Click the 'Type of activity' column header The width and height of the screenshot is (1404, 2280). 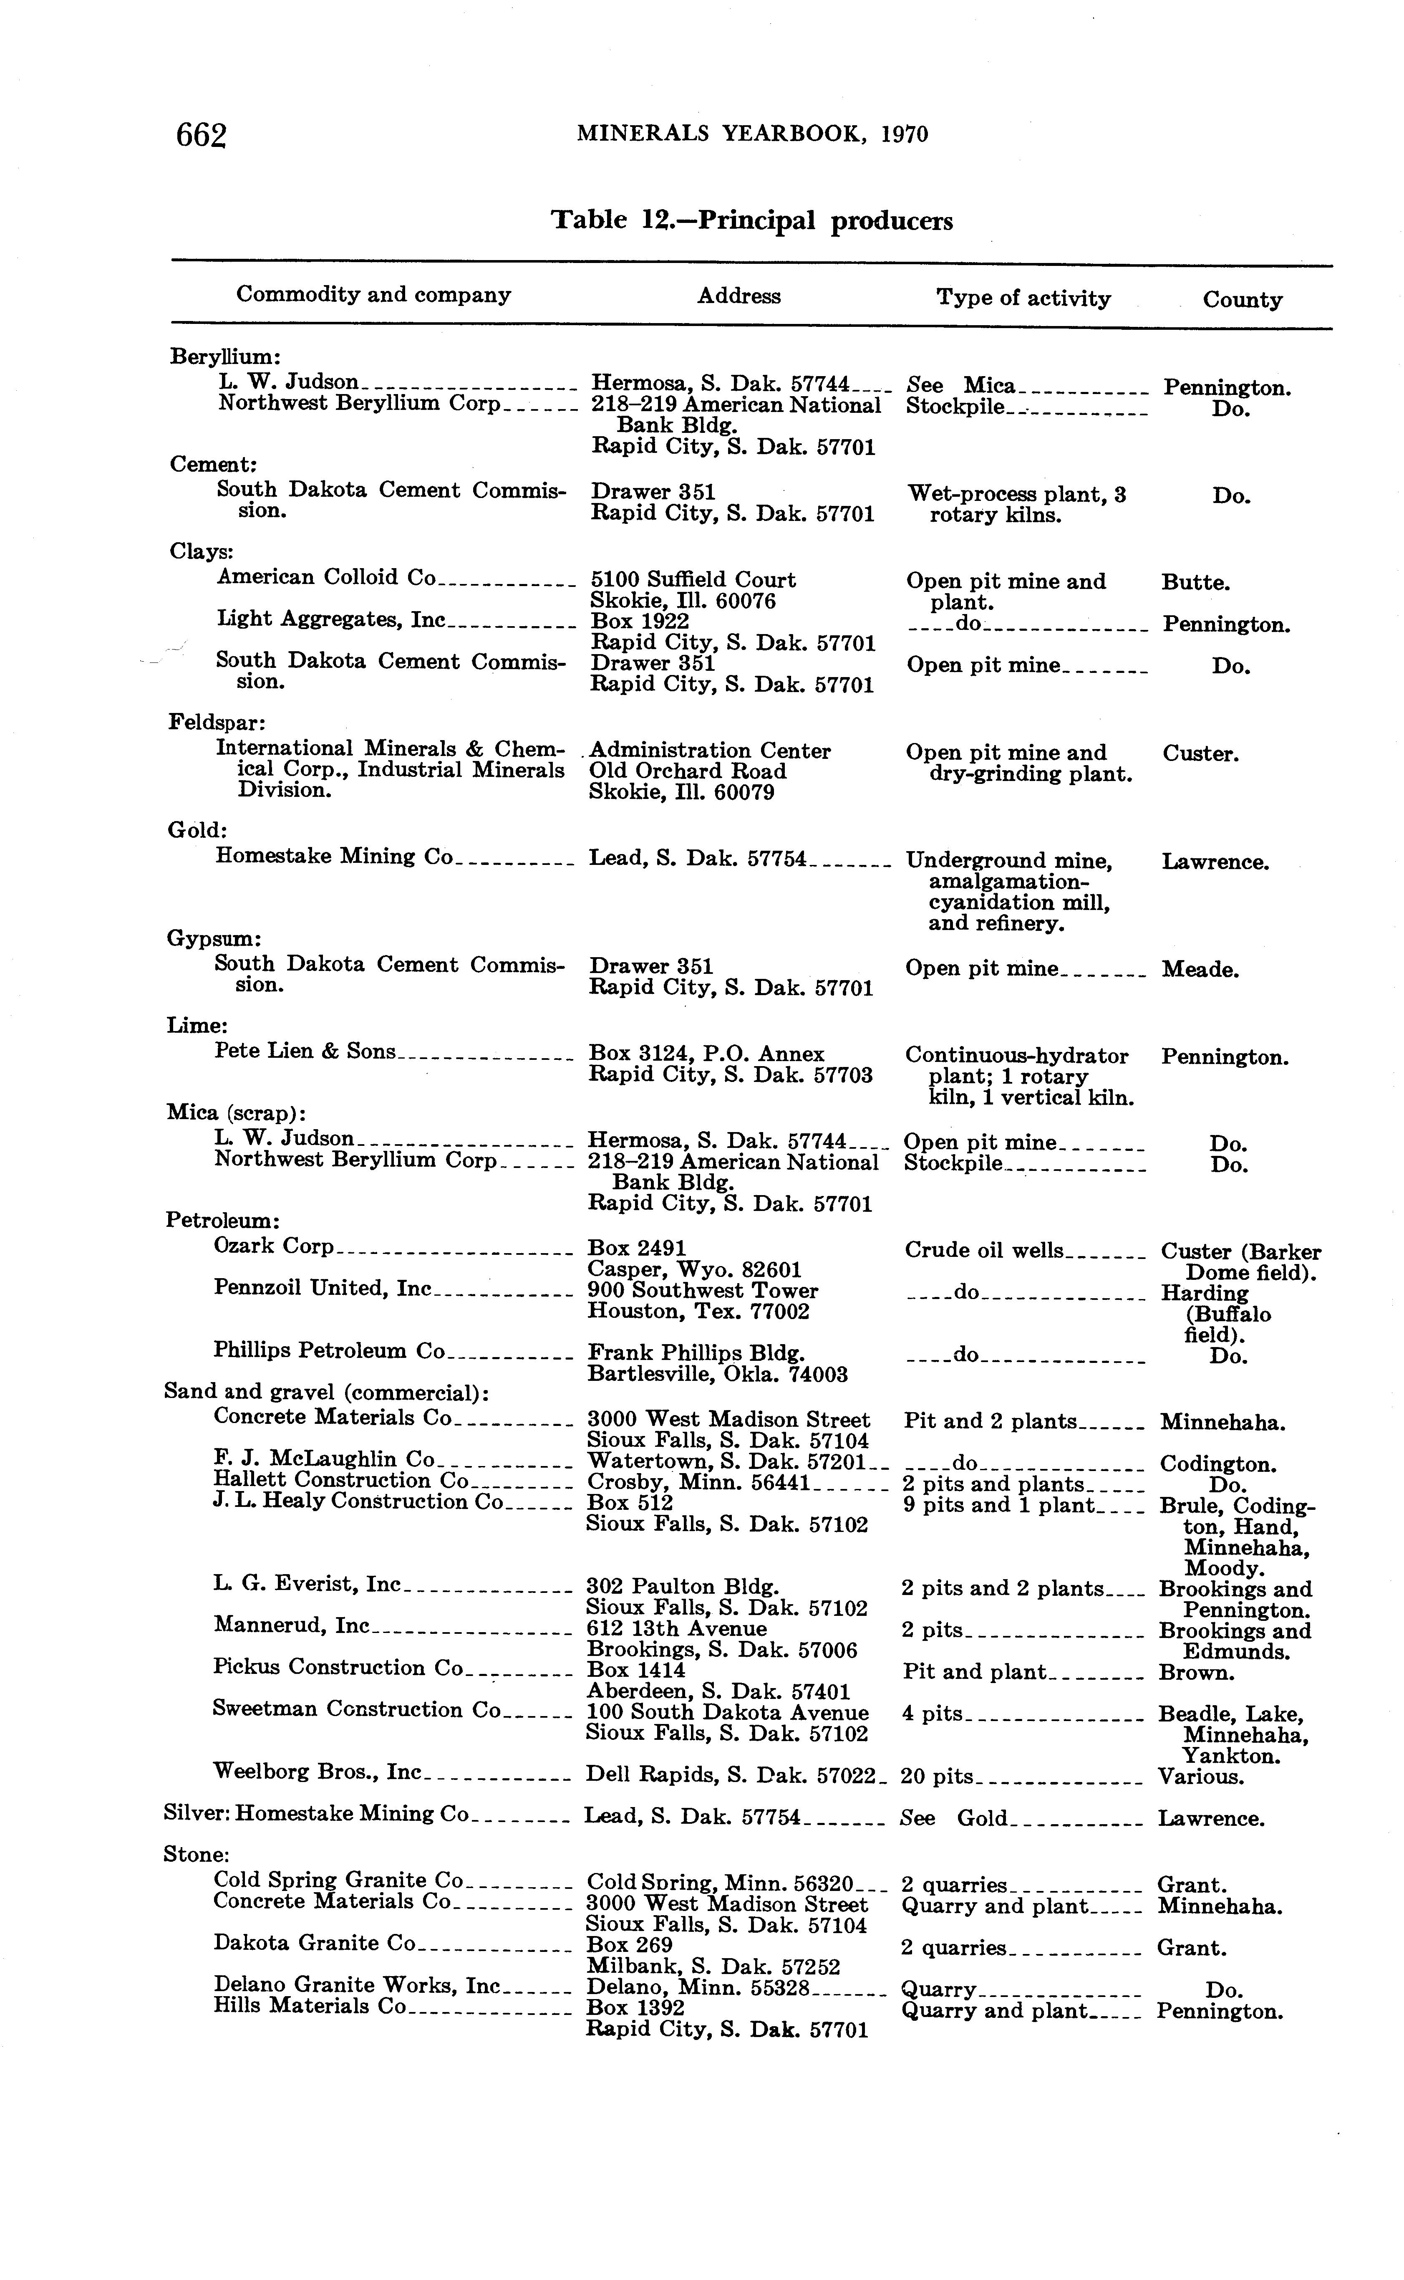(1023, 298)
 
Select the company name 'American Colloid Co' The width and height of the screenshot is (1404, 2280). (326, 578)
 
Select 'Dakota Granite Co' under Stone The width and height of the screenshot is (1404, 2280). (314, 1943)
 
